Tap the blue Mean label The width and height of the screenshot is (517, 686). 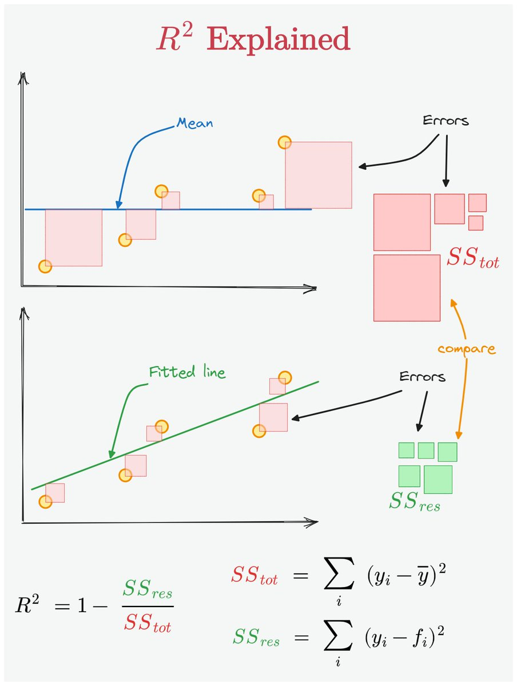pyautogui.click(x=195, y=123)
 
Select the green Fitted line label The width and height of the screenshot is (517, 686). pyautogui.click(x=187, y=373)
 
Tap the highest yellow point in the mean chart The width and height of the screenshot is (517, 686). pyautogui.click(x=284, y=142)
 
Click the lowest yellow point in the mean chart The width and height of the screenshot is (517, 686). pyautogui.click(x=45, y=266)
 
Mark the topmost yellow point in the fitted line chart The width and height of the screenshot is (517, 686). pyautogui.click(x=285, y=378)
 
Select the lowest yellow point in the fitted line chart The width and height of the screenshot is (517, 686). pyautogui.click(x=45, y=502)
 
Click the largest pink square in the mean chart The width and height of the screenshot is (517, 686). pyautogui.click(x=318, y=175)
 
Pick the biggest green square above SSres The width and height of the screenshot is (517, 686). pyautogui.click(x=438, y=480)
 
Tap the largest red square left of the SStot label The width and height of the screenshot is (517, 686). pyautogui.click(x=407, y=288)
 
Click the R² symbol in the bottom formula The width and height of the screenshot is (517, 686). pyautogui.click(x=26, y=605)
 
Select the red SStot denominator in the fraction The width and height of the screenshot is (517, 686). pyautogui.click(x=148, y=623)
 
